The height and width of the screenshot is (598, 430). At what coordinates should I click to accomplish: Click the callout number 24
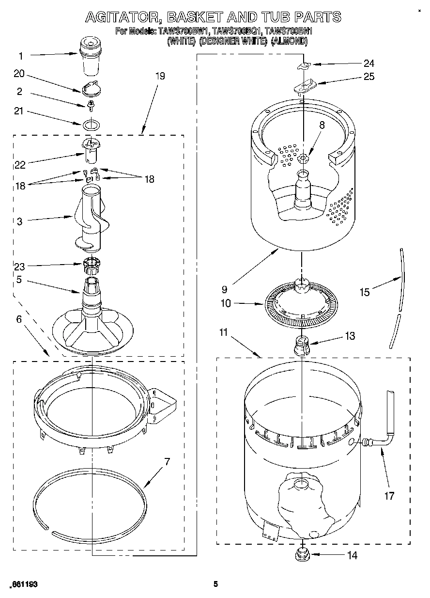369,63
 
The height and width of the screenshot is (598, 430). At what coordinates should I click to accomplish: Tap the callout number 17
389,496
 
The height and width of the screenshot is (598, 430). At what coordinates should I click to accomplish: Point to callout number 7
167,461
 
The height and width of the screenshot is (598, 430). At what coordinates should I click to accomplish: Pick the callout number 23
20,266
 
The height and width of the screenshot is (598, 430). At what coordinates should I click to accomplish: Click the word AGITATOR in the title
123,17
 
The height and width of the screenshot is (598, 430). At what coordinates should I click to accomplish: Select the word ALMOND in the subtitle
289,42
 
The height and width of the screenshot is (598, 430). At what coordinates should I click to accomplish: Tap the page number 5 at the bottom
216,584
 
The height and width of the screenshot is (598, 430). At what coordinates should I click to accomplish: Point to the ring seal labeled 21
90,125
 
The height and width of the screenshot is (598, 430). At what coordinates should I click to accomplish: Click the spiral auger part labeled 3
90,218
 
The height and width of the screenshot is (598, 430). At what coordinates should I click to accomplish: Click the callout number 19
160,76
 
